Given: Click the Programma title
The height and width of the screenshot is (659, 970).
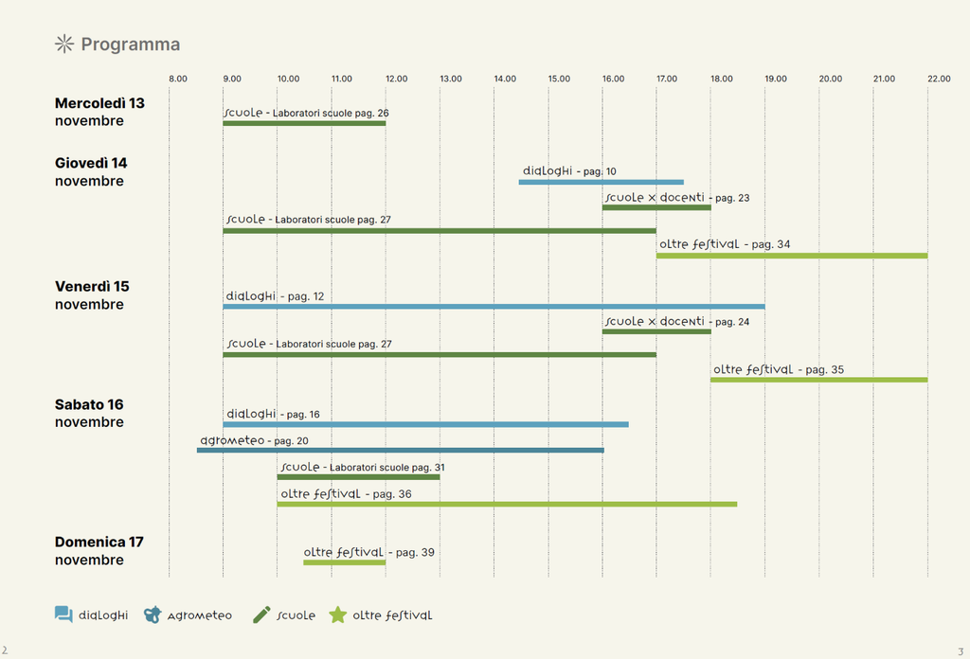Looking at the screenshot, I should pyautogui.click(x=130, y=45).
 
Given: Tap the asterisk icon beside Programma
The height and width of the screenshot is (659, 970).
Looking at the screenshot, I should pyautogui.click(x=63, y=44).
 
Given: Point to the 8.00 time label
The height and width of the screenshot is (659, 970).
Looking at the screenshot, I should pyautogui.click(x=177, y=79).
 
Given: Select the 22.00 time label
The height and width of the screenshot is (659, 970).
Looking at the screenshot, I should pyautogui.click(x=938, y=79).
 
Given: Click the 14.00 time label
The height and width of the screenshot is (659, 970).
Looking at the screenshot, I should pyautogui.click(x=504, y=79).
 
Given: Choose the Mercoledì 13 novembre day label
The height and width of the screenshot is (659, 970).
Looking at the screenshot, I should pyautogui.click(x=99, y=112).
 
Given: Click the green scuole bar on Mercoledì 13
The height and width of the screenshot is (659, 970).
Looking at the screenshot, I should pyautogui.click(x=304, y=123).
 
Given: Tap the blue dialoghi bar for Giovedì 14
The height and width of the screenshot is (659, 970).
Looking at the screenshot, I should pyautogui.click(x=601, y=182).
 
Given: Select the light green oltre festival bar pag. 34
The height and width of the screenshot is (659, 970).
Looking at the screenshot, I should pyautogui.click(x=791, y=256).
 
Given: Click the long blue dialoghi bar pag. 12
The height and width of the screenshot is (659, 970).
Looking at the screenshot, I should pyautogui.click(x=494, y=307).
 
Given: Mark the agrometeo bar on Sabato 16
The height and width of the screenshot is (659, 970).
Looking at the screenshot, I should pyautogui.click(x=400, y=450).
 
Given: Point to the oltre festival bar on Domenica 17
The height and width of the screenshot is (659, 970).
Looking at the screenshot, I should pyautogui.click(x=344, y=562).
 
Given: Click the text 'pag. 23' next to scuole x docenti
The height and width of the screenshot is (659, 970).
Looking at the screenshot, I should pyautogui.click(x=732, y=198).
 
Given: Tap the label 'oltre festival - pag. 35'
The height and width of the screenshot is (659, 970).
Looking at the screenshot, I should pyautogui.click(x=778, y=369).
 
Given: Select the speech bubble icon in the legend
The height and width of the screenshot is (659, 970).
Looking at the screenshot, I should pyautogui.click(x=63, y=614).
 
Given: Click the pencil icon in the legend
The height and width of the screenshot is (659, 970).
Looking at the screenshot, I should pyautogui.click(x=261, y=614).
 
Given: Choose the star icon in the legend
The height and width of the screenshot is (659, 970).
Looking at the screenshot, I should pyautogui.click(x=337, y=614).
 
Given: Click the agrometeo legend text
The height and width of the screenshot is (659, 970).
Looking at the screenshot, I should pyautogui.click(x=199, y=615).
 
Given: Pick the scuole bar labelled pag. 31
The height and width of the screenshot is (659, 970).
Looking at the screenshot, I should pyautogui.click(x=358, y=476).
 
